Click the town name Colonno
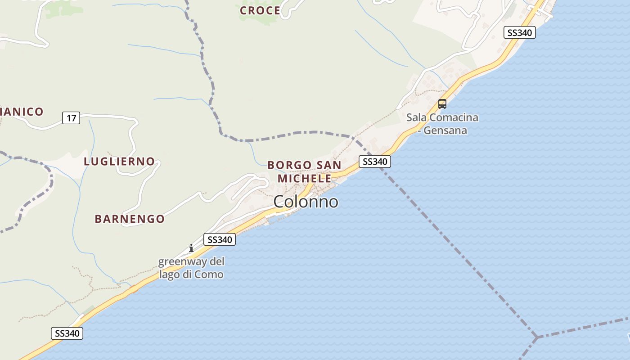pos(306,202)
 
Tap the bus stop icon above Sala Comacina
pos(442,104)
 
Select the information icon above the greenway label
pos(191,248)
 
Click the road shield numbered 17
pos(71,118)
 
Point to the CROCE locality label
pos(260,10)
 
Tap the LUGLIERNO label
pos(119,161)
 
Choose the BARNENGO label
pos(130,219)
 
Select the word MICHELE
pos(304,178)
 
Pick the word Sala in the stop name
pos(416,118)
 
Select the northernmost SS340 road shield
pos(519,32)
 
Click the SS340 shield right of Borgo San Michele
pos(374,162)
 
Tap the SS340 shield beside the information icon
pos(220,239)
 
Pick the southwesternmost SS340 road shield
pos(67,333)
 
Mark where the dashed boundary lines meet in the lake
pos(536,337)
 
